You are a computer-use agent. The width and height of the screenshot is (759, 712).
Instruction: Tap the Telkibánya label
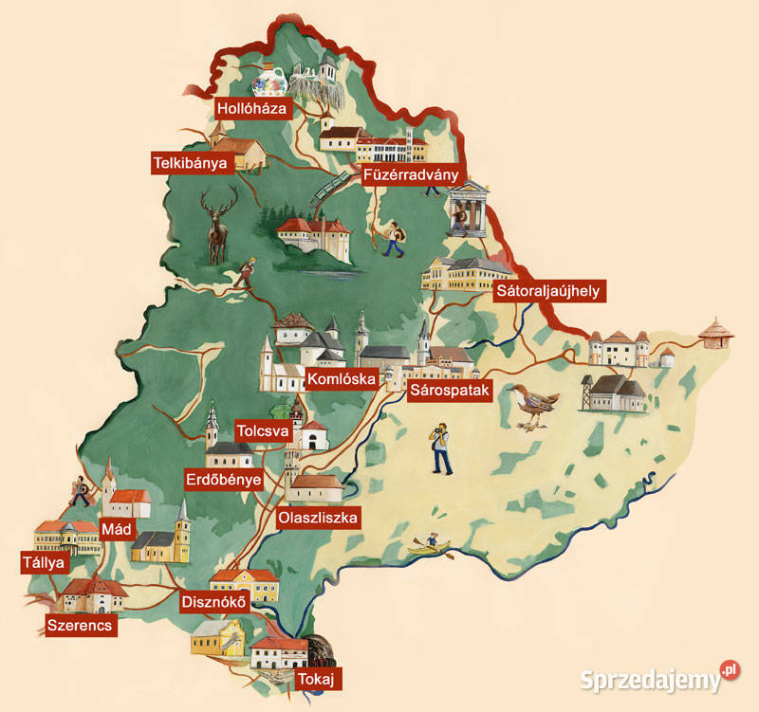point(194,163)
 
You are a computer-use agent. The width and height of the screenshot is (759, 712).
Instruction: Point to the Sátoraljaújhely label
point(547,290)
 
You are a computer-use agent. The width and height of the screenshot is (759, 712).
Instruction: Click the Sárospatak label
point(449,391)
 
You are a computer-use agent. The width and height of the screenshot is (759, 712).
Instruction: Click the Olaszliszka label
point(317,518)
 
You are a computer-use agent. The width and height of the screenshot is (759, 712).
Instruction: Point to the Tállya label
point(43,563)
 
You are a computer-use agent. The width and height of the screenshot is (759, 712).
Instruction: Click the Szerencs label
point(80,626)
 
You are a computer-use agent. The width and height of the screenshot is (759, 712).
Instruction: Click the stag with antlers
point(219,223)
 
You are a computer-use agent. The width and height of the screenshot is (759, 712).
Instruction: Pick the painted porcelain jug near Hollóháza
point(269,82)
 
